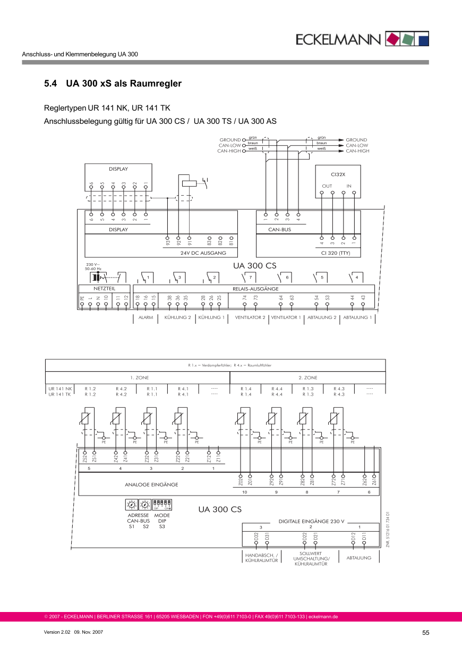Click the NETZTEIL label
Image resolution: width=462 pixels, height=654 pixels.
(104, 288)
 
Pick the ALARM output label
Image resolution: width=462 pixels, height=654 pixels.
(146, 317)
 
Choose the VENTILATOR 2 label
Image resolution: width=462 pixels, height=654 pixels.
(250, 317)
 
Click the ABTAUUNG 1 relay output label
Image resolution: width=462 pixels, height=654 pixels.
(357, 317)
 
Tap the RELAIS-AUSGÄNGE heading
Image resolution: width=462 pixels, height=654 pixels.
(255, 289)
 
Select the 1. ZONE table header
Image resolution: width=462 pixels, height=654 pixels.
(139, 378)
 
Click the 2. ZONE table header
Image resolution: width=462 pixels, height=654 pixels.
(307, 378)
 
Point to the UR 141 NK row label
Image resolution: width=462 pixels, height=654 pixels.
(59, 389)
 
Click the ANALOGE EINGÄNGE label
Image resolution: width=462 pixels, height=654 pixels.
(151, 484)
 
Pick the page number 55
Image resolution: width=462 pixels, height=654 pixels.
(425, 633)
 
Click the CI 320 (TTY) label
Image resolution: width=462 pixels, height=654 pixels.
(336, 253)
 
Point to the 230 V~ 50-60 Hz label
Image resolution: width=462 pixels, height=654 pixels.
(93, 266)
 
